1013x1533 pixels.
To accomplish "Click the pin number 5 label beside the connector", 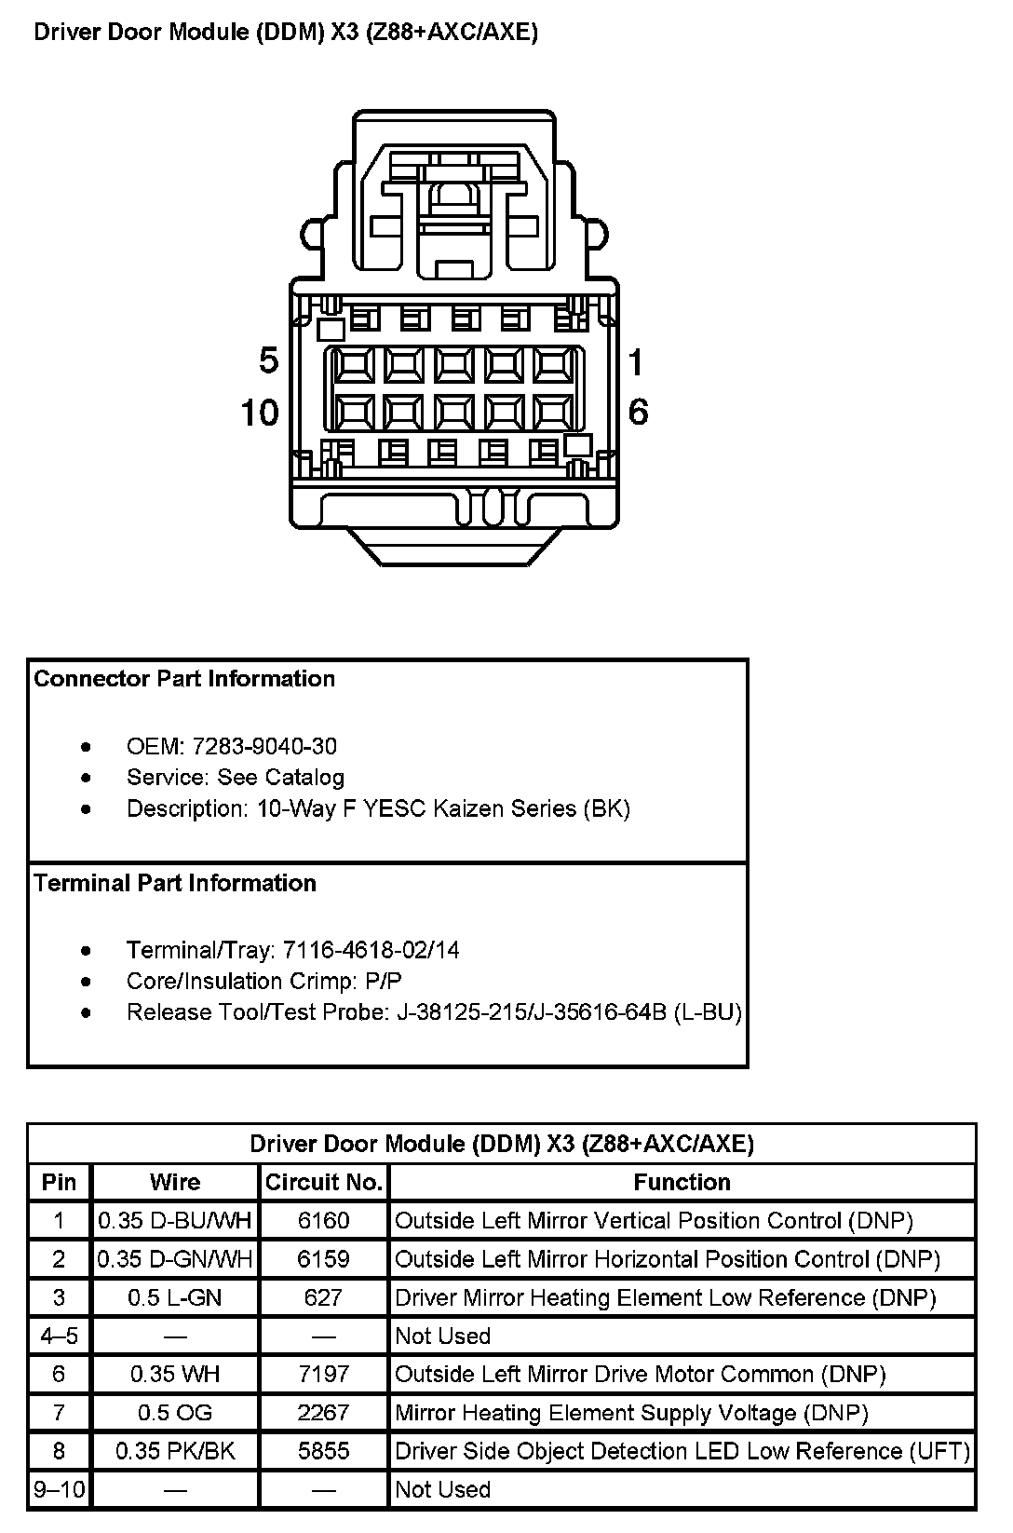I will (268, 360).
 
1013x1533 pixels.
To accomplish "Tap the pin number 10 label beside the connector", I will (260, 413).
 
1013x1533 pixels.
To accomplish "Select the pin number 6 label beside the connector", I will (638, 412).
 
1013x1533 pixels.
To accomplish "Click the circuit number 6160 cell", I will (323, 1220).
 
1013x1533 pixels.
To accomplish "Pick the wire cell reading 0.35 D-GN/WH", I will (175, 1259).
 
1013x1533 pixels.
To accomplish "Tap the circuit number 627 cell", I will (323, 1297).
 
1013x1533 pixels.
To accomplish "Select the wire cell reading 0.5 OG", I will (175, 1413).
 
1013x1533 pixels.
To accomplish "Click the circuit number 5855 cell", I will (323, 1451).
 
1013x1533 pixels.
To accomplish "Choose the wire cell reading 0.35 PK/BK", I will (175, 1451).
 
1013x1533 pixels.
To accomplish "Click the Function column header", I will (682, 1182).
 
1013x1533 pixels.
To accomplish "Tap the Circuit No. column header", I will (323, 1182).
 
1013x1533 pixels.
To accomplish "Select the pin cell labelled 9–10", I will (60, 1489).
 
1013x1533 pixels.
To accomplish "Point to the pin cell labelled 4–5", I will (60, 1336).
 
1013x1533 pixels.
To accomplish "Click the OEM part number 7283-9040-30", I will (264, 746).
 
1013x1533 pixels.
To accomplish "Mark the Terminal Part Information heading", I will (175, 883).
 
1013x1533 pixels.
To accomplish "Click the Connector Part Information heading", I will (184, 679).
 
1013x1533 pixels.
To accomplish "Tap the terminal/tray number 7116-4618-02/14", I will (371, 950).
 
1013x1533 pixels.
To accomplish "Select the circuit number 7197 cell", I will (323, 1374).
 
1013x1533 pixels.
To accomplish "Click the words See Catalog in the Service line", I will (280, 778).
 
